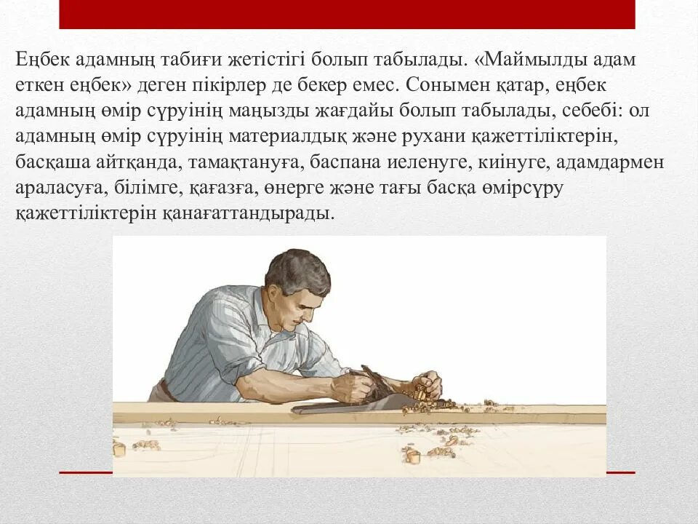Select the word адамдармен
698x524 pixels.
[593, 162]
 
